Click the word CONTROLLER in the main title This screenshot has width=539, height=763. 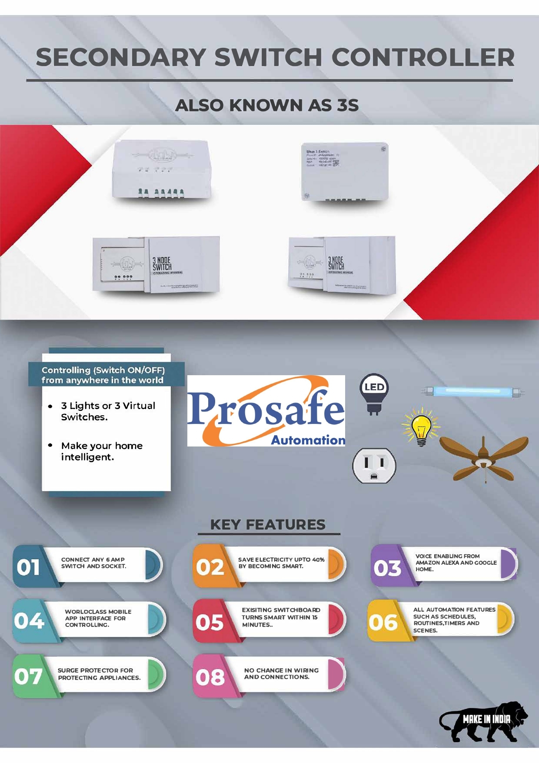[423, 57]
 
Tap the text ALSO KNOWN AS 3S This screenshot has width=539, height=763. [267, 105]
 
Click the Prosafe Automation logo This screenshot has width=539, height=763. [266, 411]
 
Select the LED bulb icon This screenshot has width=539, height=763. [374, 393]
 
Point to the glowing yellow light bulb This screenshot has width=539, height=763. [421, 428]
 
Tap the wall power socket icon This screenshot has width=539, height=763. [374, 466]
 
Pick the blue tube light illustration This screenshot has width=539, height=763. [472, 392]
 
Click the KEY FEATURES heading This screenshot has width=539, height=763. [268, 525]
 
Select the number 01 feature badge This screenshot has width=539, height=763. [29, 567]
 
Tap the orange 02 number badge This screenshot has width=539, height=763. [210, 567]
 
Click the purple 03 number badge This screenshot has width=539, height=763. [387, 567]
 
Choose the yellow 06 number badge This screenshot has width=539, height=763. [383, 622]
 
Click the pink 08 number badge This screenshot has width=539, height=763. [210, 677]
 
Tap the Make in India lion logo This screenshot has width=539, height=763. [483, 722]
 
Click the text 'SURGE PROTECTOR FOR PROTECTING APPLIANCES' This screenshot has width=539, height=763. [99, 674]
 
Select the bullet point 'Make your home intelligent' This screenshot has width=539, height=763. [102, 451]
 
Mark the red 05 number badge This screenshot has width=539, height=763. [210, 622]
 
